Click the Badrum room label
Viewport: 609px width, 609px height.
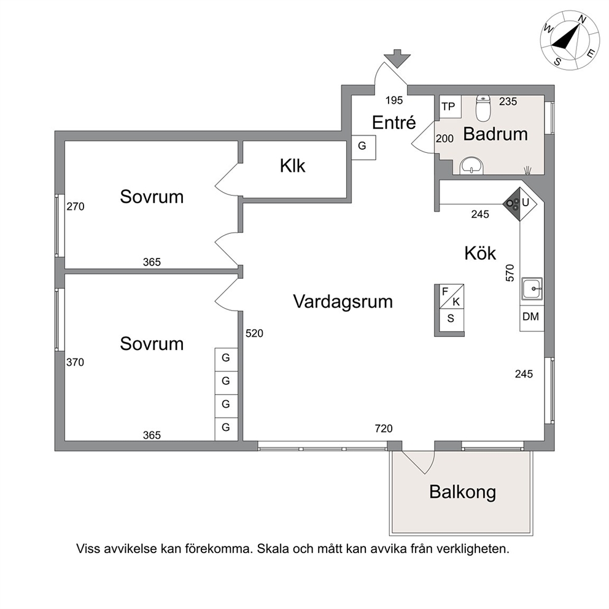pos(495,134)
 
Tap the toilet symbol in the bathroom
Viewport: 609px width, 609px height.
pos(483,108)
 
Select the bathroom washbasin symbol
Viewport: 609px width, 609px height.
pos(471,166)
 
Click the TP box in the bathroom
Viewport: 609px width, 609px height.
pos(450,106)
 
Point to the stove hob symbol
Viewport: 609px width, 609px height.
pos(512,204)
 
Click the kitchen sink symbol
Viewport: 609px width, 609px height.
pos(532,289)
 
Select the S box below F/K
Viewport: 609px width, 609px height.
pos(451,319)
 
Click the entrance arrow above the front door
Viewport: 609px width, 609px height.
pos(397,59)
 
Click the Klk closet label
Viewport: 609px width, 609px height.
pos(292,166)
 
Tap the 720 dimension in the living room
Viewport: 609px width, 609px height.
pos(384,429)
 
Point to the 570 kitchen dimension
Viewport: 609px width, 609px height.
pos(510,273)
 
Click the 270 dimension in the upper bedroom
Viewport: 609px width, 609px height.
pos(76,206)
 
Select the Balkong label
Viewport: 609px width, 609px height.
pos(462,492)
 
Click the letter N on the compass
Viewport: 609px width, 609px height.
pos(582,20)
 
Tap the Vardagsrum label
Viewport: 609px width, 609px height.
pos(343,302)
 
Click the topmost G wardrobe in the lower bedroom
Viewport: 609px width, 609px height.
pos(226,358)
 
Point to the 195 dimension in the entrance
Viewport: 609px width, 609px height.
pos(394,100)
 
